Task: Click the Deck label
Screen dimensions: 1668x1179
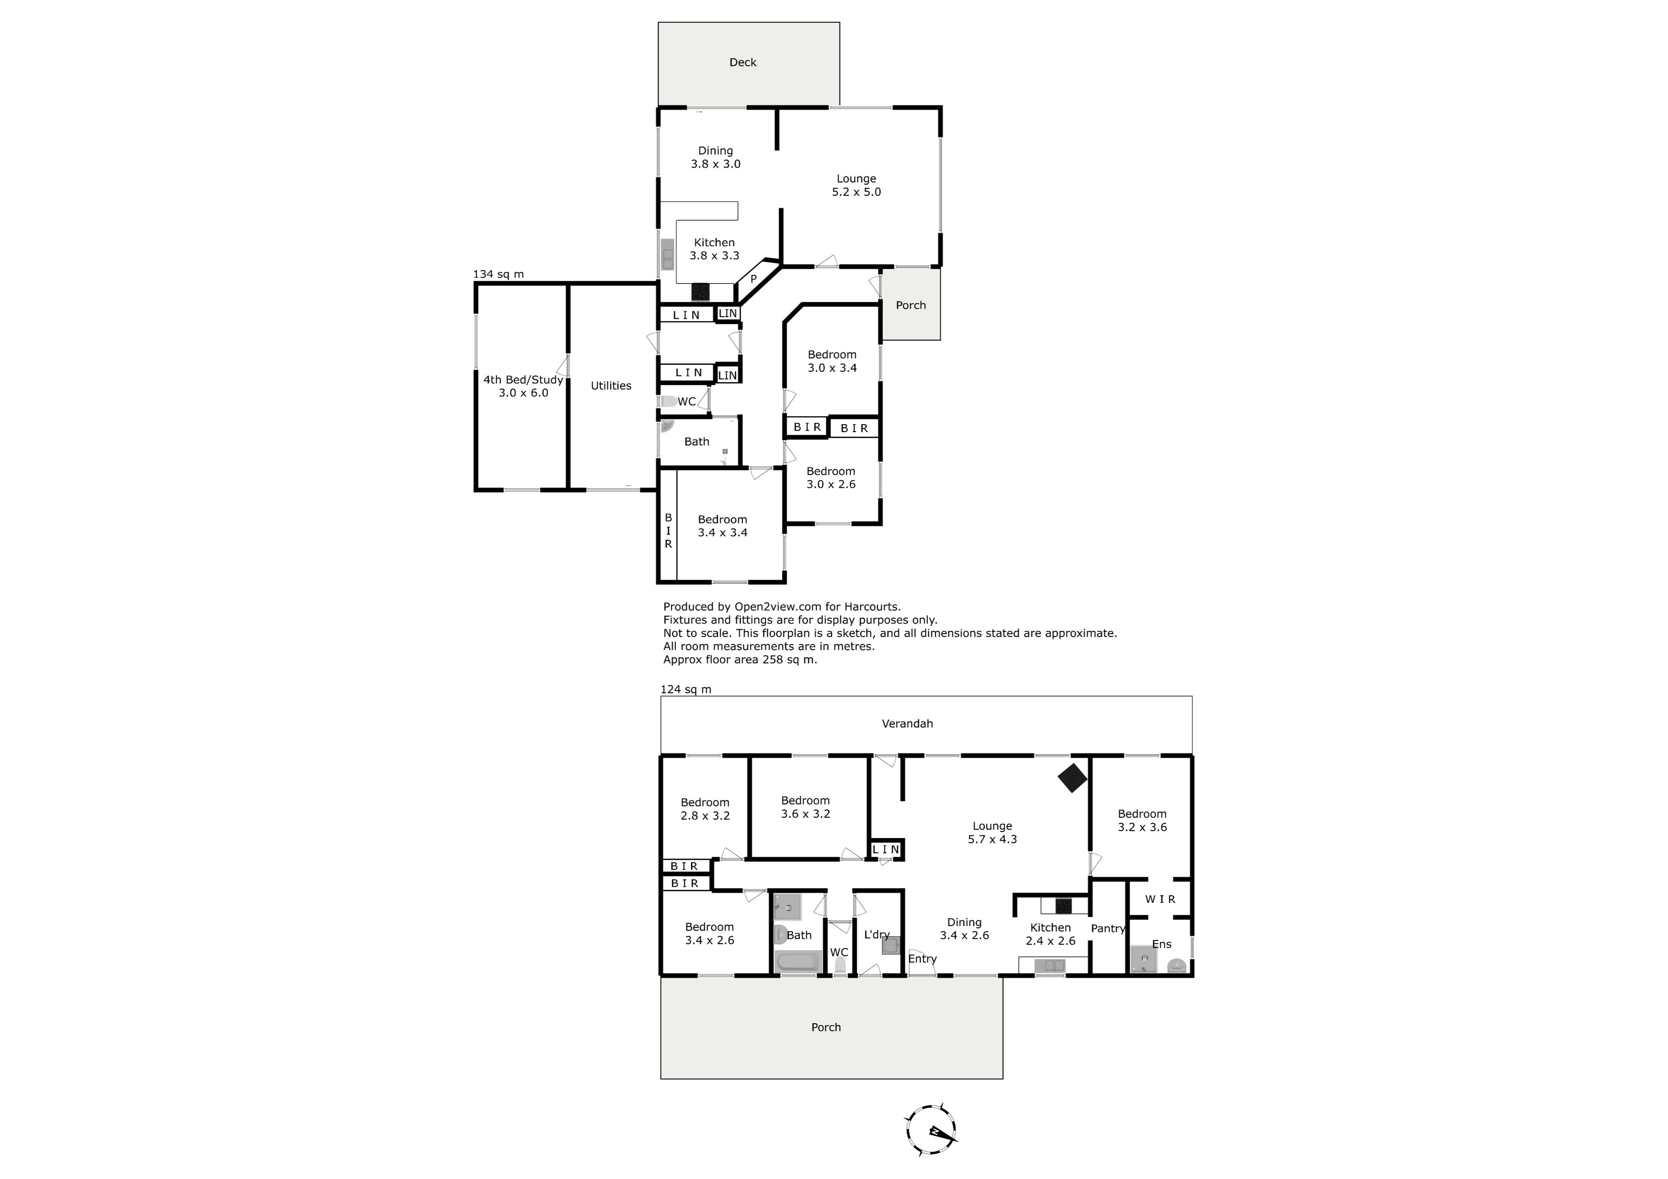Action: click(742, 63)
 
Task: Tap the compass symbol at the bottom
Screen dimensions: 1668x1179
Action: click(931, 1130)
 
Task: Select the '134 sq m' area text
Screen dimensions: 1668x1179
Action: click(498, 274)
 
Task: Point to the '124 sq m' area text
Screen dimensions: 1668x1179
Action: click(686, 690)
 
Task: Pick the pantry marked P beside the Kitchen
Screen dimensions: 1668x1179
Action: click(753, 279)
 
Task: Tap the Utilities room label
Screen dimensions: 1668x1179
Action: click(611, 386)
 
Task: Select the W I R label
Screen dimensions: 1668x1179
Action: click(1160, 899)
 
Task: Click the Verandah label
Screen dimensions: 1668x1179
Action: click(907, 723)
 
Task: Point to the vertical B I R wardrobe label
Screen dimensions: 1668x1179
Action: click(669, 530)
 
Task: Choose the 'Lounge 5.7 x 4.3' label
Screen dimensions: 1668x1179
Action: click(993, 832)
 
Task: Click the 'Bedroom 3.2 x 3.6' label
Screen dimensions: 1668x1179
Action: click(1142, 821)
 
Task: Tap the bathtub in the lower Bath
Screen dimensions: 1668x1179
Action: click(798, 962)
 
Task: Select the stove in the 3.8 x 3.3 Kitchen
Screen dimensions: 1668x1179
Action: click(700, 292)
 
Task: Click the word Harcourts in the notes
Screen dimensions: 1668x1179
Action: click(875, 607)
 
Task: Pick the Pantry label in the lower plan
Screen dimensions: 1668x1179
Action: click(1108, 928)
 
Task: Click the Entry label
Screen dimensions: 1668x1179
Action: click(923, 959)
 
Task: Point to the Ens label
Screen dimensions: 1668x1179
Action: click(1162, 945)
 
